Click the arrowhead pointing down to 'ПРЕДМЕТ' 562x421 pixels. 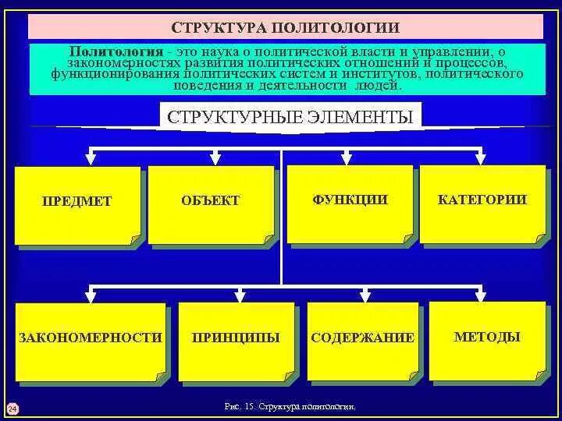tap(91, 159)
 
